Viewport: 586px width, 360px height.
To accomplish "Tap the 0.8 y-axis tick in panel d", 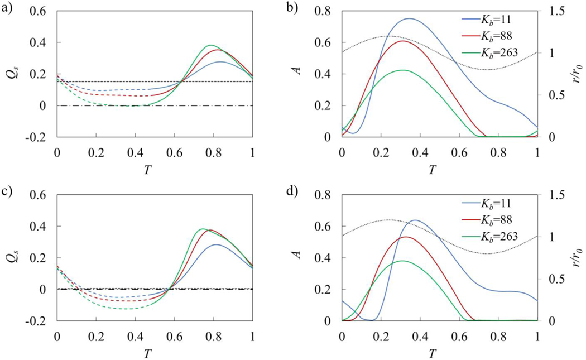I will (326, 195).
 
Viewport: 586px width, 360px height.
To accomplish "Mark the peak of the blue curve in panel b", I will (409, 18).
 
